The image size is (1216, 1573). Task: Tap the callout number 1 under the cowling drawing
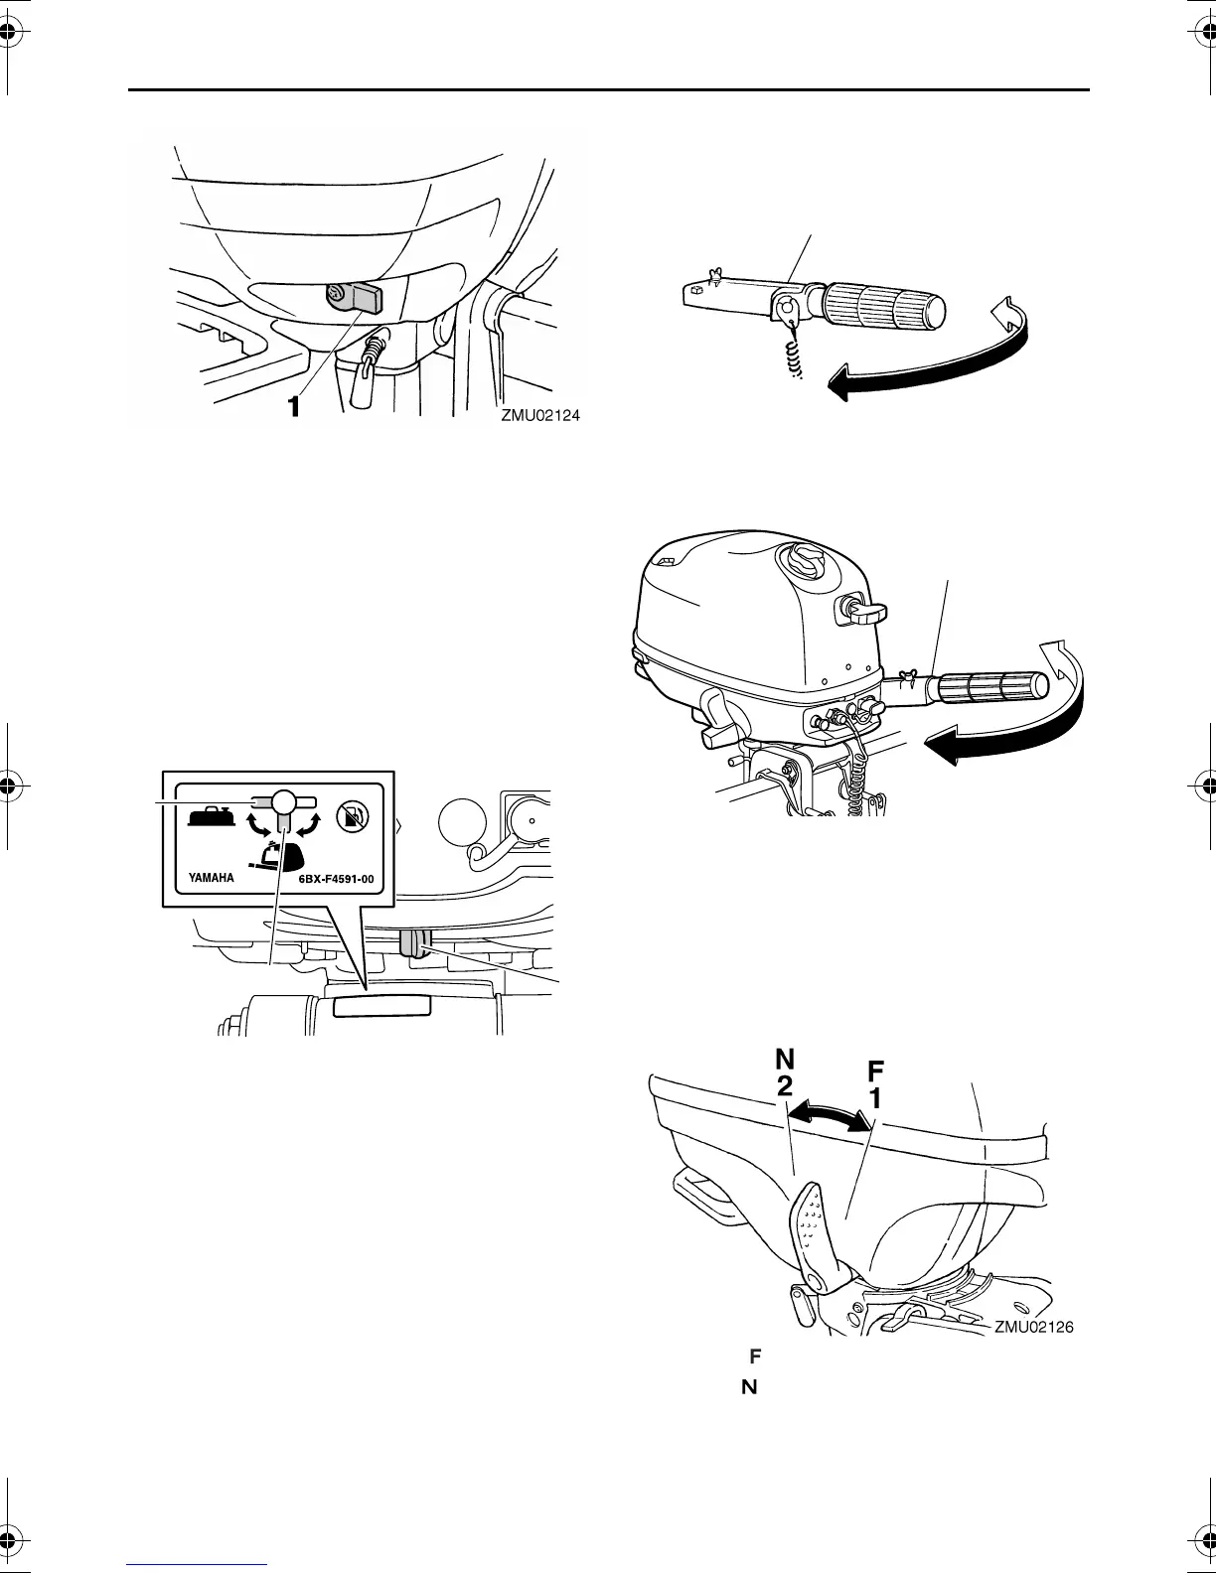coord(293,407)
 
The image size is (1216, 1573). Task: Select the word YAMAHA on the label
coord(212,878)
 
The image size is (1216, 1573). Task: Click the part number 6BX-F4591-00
coord(336,878)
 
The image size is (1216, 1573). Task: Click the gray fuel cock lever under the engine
coord(412,944)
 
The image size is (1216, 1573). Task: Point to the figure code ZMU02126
coord(1034,1326)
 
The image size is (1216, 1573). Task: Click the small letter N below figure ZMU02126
coord(749,1386)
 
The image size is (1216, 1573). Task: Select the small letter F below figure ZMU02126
coord(754,1355)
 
